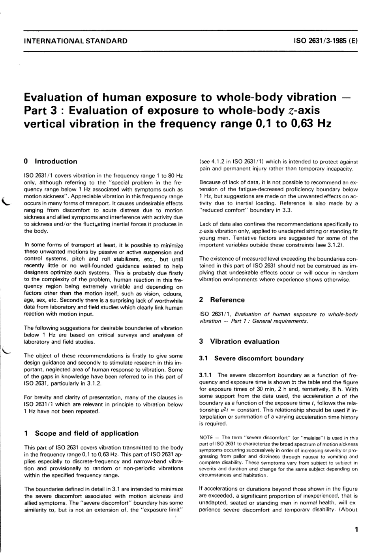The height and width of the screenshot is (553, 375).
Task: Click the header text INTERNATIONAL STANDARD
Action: tap(76, 40)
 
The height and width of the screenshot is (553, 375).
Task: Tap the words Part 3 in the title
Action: tap(43, 110)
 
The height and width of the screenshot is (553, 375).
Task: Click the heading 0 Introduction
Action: tap(51, 161)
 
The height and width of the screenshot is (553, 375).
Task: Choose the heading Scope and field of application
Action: tap(86, 433)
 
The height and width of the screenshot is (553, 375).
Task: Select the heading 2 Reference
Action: tap(222, 300)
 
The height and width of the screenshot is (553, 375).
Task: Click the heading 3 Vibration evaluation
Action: tap(239, 342)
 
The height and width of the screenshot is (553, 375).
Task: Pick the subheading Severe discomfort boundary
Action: tap(259, 359)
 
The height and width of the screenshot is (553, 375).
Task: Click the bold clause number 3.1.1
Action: tap(207, 375)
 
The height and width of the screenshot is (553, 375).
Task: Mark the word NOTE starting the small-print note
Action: tap(206, 438)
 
